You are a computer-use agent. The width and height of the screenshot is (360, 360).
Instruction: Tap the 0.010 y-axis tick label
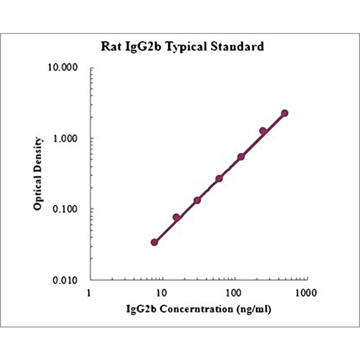(65, 280)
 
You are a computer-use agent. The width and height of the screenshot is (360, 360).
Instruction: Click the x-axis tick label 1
(90, 293)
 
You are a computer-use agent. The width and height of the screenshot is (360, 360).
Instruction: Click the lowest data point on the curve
(155, 242)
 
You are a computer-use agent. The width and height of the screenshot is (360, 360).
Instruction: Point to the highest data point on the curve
(285, 113)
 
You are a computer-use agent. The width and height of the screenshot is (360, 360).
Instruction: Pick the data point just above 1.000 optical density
(263, 131)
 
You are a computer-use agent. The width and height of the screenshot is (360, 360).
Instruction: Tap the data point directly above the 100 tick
(241, 156)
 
